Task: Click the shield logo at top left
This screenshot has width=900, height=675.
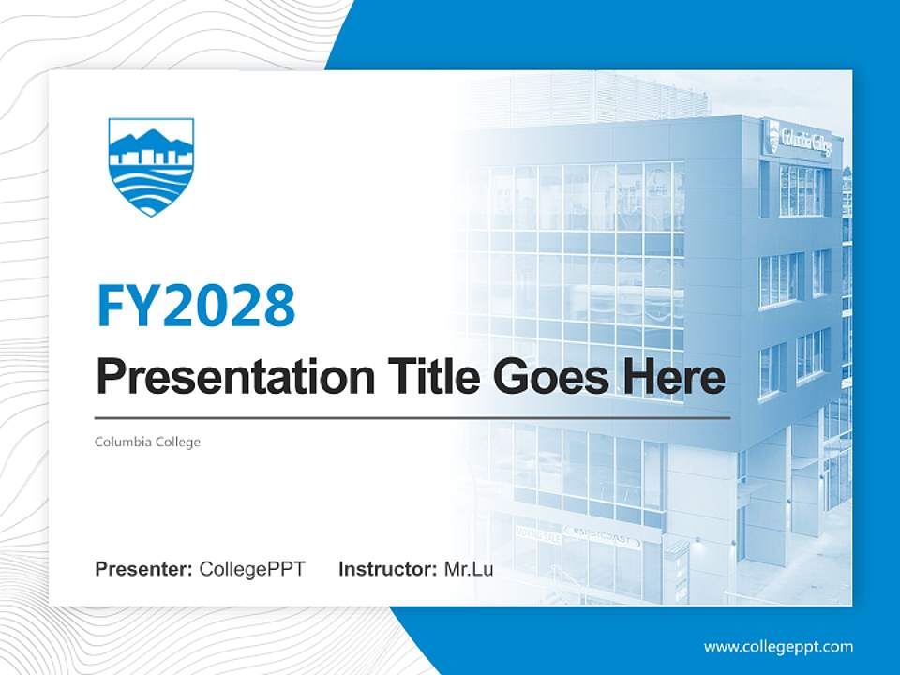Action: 151,166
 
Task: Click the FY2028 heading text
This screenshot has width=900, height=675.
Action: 196,306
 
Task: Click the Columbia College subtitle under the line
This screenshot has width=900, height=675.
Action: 147,442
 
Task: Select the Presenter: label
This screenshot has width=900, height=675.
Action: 144,569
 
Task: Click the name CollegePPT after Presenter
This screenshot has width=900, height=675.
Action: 252,569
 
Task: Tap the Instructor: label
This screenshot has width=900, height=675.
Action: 387,569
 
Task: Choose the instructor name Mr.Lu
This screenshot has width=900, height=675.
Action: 469,569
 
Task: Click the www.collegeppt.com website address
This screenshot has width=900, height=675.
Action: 778,646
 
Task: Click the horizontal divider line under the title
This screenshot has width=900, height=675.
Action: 412,417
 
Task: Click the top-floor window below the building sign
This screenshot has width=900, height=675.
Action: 801,190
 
